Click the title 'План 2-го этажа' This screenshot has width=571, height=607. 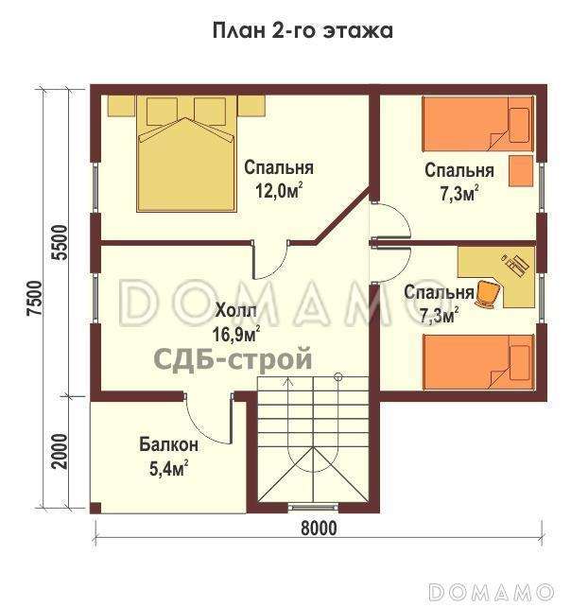302,31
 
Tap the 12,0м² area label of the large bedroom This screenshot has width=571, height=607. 279,190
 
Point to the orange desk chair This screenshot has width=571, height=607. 487,294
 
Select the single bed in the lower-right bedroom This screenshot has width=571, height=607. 477,364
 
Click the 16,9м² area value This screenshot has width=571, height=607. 236,334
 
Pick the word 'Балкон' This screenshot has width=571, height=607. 169,444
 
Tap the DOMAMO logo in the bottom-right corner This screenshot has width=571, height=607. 496,591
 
